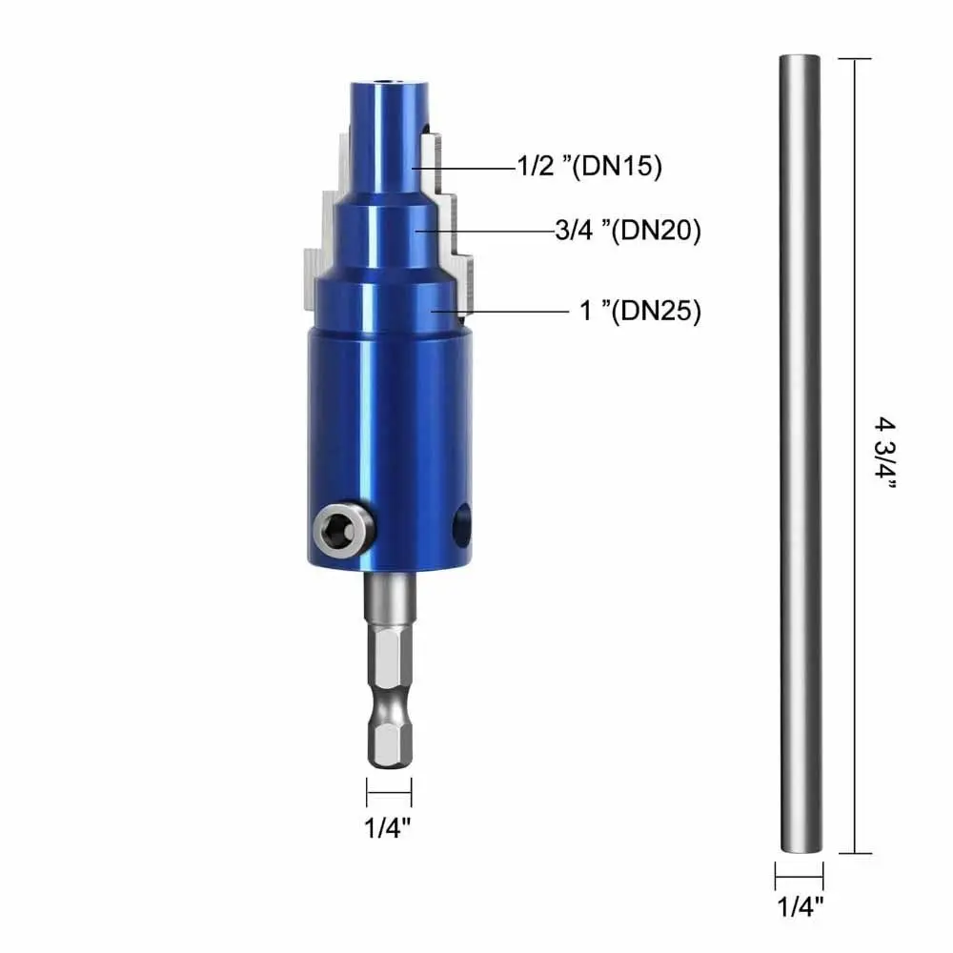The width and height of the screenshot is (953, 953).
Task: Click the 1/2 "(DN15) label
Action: click(588, 167)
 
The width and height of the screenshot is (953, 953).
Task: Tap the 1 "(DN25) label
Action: click(640, 312)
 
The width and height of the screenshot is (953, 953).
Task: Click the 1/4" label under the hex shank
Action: click(389, 827)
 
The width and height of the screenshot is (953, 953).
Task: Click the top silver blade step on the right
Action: click(434, 157)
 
